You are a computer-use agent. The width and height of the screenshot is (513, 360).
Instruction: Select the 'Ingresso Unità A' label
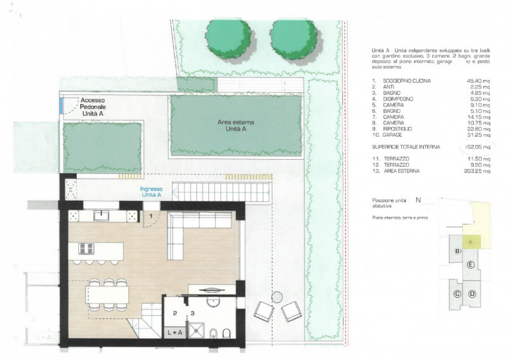pos(152,193)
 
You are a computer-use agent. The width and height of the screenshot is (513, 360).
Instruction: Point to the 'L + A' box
pos(173,332)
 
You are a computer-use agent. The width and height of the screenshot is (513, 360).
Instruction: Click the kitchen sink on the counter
pos(103,216)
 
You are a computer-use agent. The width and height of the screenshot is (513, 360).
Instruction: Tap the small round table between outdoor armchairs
pos(277,296)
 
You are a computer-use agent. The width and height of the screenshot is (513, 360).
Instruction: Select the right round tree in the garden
pos(294,38)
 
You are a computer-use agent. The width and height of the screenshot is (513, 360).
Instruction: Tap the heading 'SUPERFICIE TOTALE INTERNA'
pos(406,147)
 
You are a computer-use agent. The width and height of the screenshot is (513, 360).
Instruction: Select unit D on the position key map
pos(472,294)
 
